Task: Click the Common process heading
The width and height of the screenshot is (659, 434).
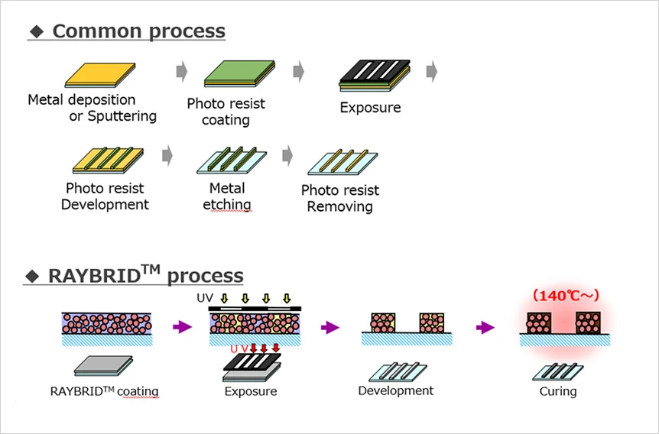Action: click(138, 31)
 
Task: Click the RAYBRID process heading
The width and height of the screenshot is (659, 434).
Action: click(145, 275)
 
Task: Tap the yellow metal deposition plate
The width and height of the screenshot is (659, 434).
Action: click(100, 75)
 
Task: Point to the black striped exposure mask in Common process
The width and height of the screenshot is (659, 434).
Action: click(374, 75)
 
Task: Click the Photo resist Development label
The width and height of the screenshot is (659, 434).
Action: click(105, 196)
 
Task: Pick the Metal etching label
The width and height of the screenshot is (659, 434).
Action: click(227, 196)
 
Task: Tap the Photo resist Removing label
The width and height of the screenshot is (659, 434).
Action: click(339, 198)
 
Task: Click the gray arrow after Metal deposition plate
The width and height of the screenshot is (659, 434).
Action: click(182, 72)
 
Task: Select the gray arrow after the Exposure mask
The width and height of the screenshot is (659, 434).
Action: click(432, 72)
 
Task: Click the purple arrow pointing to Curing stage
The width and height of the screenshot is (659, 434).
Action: click(484, 327)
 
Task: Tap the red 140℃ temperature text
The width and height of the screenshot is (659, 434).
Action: click(566, 295)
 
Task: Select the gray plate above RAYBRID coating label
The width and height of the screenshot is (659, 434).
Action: click(103, 366)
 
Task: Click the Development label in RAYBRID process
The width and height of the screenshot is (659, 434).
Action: click(395, 390)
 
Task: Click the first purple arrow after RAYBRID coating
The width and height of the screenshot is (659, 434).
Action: click(183, 327)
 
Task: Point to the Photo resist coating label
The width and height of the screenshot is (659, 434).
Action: click(226, 112)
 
